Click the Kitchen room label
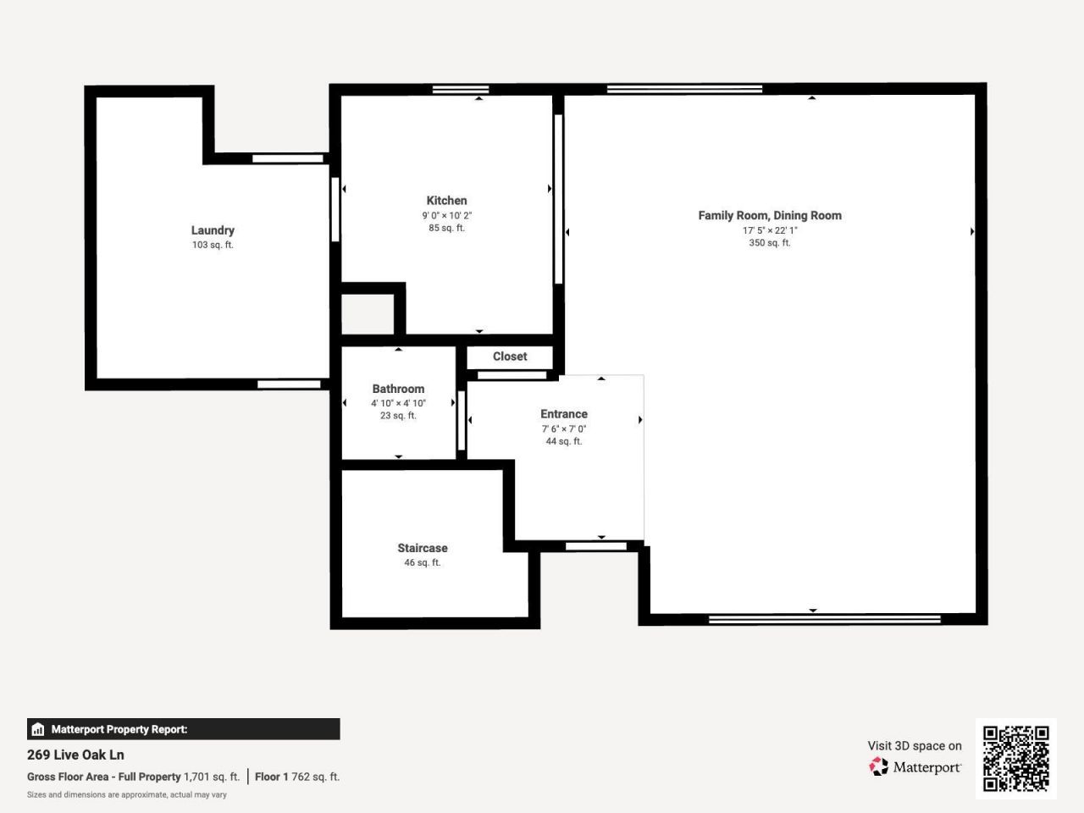[446, 201]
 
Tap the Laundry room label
[213, 230]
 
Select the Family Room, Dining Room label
[770, 216]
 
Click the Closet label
[510, 357]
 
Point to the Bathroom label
[398, 389]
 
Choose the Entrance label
[564, 414]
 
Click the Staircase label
[423, 548]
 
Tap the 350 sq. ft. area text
[770, 243]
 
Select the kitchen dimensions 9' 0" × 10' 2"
[446, 215]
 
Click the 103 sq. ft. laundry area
[213, 245]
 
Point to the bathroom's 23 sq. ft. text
[398, 416]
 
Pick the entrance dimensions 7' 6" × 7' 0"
[564, 429]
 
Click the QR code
[1015, 758]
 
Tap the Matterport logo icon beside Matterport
[879, 766]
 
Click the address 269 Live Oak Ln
[75, 755]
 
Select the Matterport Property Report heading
[119, 729]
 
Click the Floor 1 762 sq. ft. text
[297, 777]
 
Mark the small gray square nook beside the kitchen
[368, 314]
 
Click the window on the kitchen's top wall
[461, 90]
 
